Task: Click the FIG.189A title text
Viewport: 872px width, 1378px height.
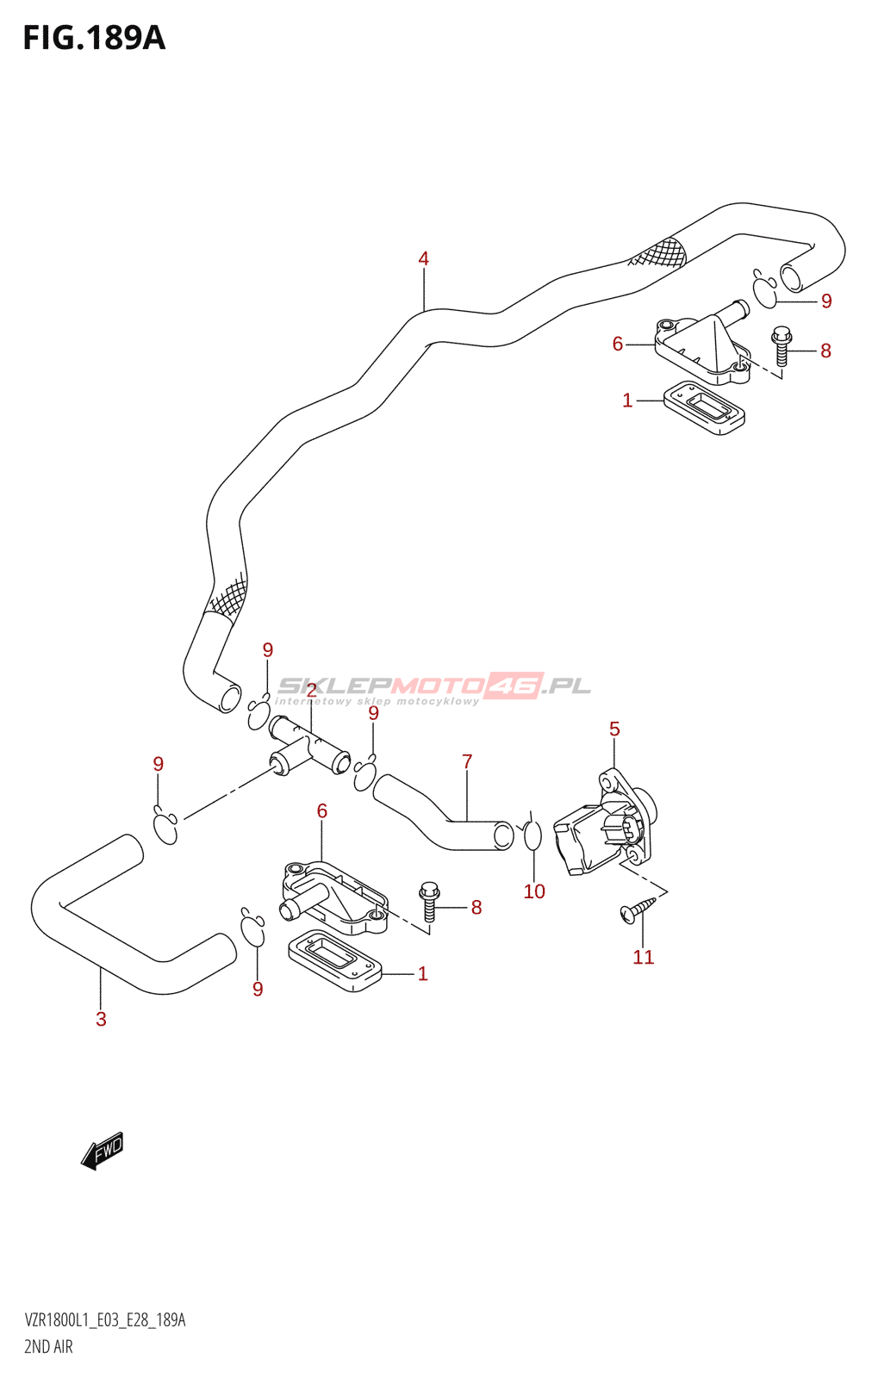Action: (x=94, y=38)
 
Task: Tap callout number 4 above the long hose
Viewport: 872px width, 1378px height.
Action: (x=423, y=259)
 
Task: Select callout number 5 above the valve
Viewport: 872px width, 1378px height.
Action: (x=614, y=729)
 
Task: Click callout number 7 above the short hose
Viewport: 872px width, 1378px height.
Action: (x=467, y=761)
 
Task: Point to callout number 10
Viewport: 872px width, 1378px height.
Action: (x=534, y=891)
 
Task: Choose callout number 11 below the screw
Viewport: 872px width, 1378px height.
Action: (x=644, y=957)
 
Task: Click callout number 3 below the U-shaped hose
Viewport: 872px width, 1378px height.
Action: (x=102, y=1020)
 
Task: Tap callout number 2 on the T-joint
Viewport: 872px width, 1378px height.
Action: (x=311, y=691)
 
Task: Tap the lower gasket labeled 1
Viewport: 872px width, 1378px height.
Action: (x=335, y=960)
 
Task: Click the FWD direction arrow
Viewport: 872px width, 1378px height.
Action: (x=103, y=1150)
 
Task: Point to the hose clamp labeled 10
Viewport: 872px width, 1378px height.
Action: (x=533, y=835)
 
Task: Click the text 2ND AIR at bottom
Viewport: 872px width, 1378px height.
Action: (x=48, y=1347)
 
